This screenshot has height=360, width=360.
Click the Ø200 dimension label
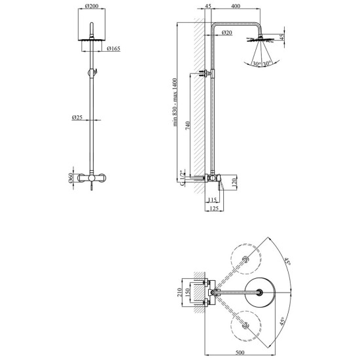tap(92, 6)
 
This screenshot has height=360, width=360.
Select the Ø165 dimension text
tap(113, 48)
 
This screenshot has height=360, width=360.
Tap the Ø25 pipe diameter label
tap(77, 118)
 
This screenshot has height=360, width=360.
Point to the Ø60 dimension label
tap(71, 178)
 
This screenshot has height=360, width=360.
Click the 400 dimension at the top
tap(236, 6)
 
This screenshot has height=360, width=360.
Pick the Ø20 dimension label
tap(227, 33)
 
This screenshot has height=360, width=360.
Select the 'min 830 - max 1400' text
tap(175, 102)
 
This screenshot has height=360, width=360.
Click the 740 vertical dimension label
tap(188, 126)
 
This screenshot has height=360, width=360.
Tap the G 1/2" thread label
tap(183, 178)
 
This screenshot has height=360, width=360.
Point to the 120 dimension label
tap(234, 183)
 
